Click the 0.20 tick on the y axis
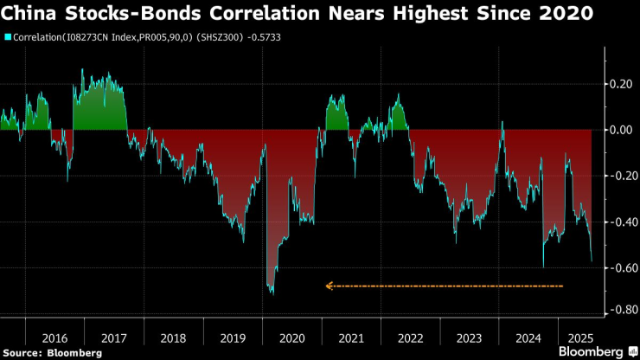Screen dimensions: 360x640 click(x=618, y=85)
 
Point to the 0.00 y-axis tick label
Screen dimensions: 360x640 click(x=618, y=130)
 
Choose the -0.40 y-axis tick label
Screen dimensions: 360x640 click(x=617, y=221)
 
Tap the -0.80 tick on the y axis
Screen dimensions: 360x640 click(x=617, y=310)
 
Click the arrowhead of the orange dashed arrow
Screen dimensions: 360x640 click(x=328, y=286)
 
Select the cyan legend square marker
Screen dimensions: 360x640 click(x=8, y=37)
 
